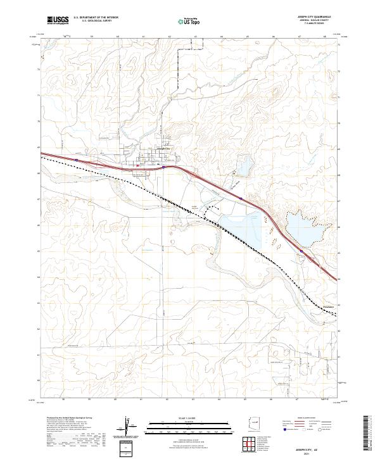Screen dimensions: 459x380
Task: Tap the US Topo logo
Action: coord(186,22)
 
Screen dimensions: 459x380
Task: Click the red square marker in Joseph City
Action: coord(137,167)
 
